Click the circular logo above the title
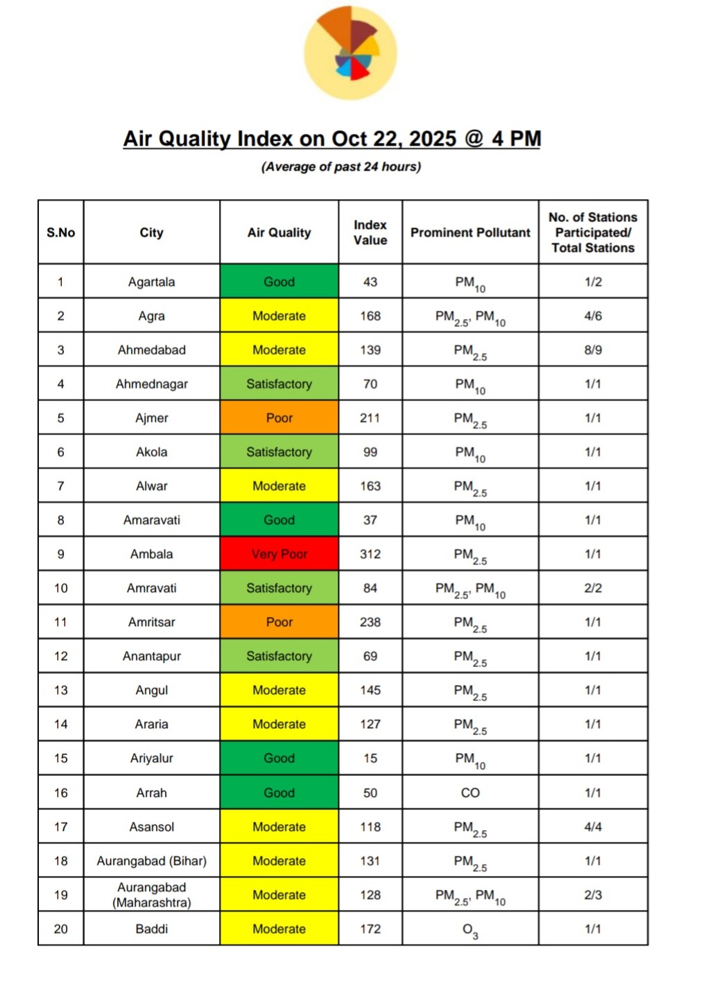tap(350, 53)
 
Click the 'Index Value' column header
tap(370, 232)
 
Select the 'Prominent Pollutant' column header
tap(470, 232)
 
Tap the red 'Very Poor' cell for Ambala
tap(279, 554)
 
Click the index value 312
tap(370, 554)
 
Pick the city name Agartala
tap(152, 282)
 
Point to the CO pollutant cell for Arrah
tap(470, 793)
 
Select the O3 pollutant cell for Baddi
tap(470, 930)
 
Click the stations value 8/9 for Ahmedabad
tap(593, 350)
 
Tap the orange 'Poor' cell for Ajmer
tap(279, 418)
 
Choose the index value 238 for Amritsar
tap(370, 622)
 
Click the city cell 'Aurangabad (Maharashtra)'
tap(152, 895)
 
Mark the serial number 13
tap(61, 690)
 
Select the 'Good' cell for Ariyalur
tap(279, 758)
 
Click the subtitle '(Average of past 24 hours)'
tap(341, 166)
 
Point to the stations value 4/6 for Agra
tap(593, 316)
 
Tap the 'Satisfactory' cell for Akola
tap(279, 452)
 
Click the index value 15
tap(370, 758)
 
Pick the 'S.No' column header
tap(61, 232)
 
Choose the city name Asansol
tap(152, 827)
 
